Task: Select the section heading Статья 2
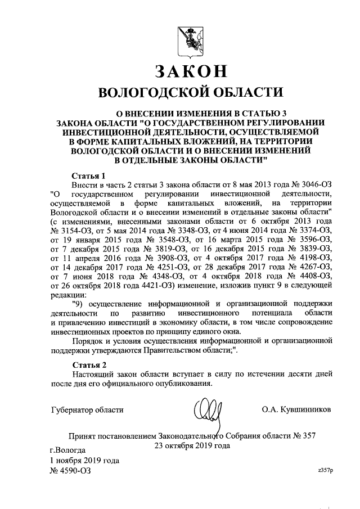tap(89, 364)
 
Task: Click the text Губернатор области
tap(87, 409)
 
